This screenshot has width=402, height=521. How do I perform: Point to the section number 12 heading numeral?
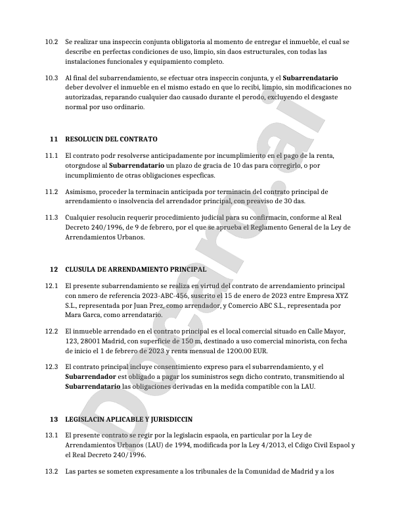(54, 269)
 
